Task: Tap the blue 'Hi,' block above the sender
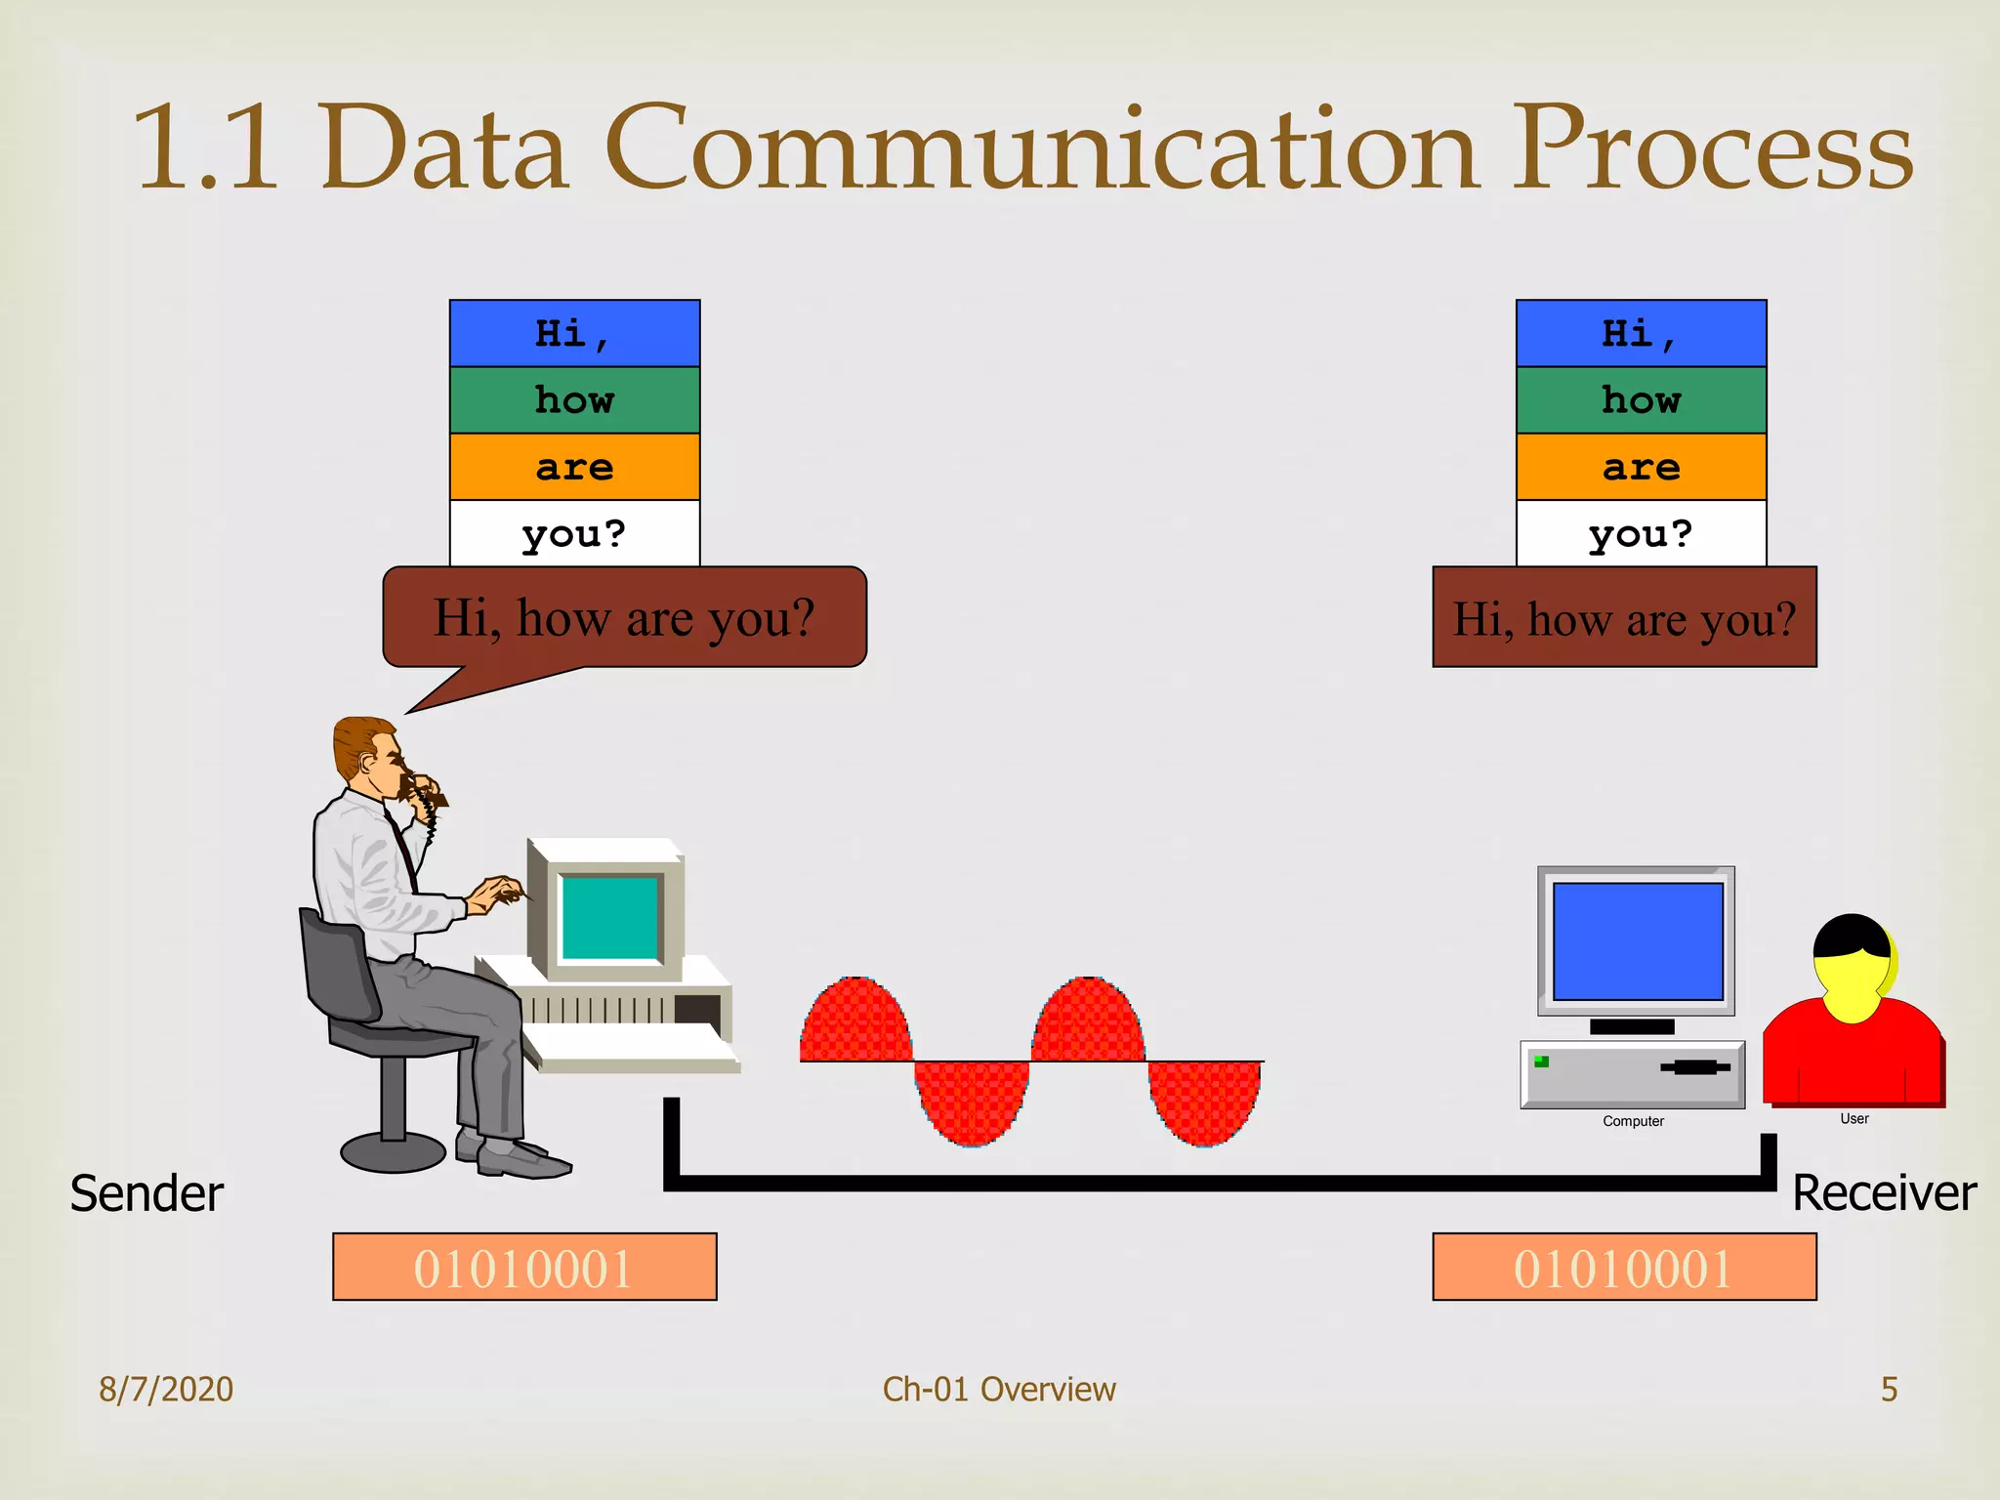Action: pyautogui.click(x=574, y=334)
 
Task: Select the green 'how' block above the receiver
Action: pyautogui.click(x=1641, y=400)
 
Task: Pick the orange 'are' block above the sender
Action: pyautogui.click(x=574, y=467)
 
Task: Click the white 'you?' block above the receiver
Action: pyautogui.click(x=1641, y=533)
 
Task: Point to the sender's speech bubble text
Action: pyautogui.click(x=624, y=618)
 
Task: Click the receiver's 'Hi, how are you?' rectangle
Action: pyautogui.click(x=1624, y=618)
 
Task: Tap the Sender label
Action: pyautogui.click(x=146, y=1193)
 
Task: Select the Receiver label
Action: pyautogui.click(x=1884, y=1193)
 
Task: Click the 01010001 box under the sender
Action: pyautogui.click(x=524, y=1268)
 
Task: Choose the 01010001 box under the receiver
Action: pyautogui.click(x=1624, y=1268)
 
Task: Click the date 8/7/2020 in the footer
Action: pyautogui.click(x=166, y=1389)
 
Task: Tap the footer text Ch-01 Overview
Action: pyautogui.click(x=999, y=1389)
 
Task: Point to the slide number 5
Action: pyautogui.click(x=1889, y=1389)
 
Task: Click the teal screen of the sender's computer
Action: pyautogui.click(x=610, y=917)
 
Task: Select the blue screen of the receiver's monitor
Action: pyautogui.click(x=1638, y=941)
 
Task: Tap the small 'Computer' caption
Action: pyautogui.click(x=1633, y=1121)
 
